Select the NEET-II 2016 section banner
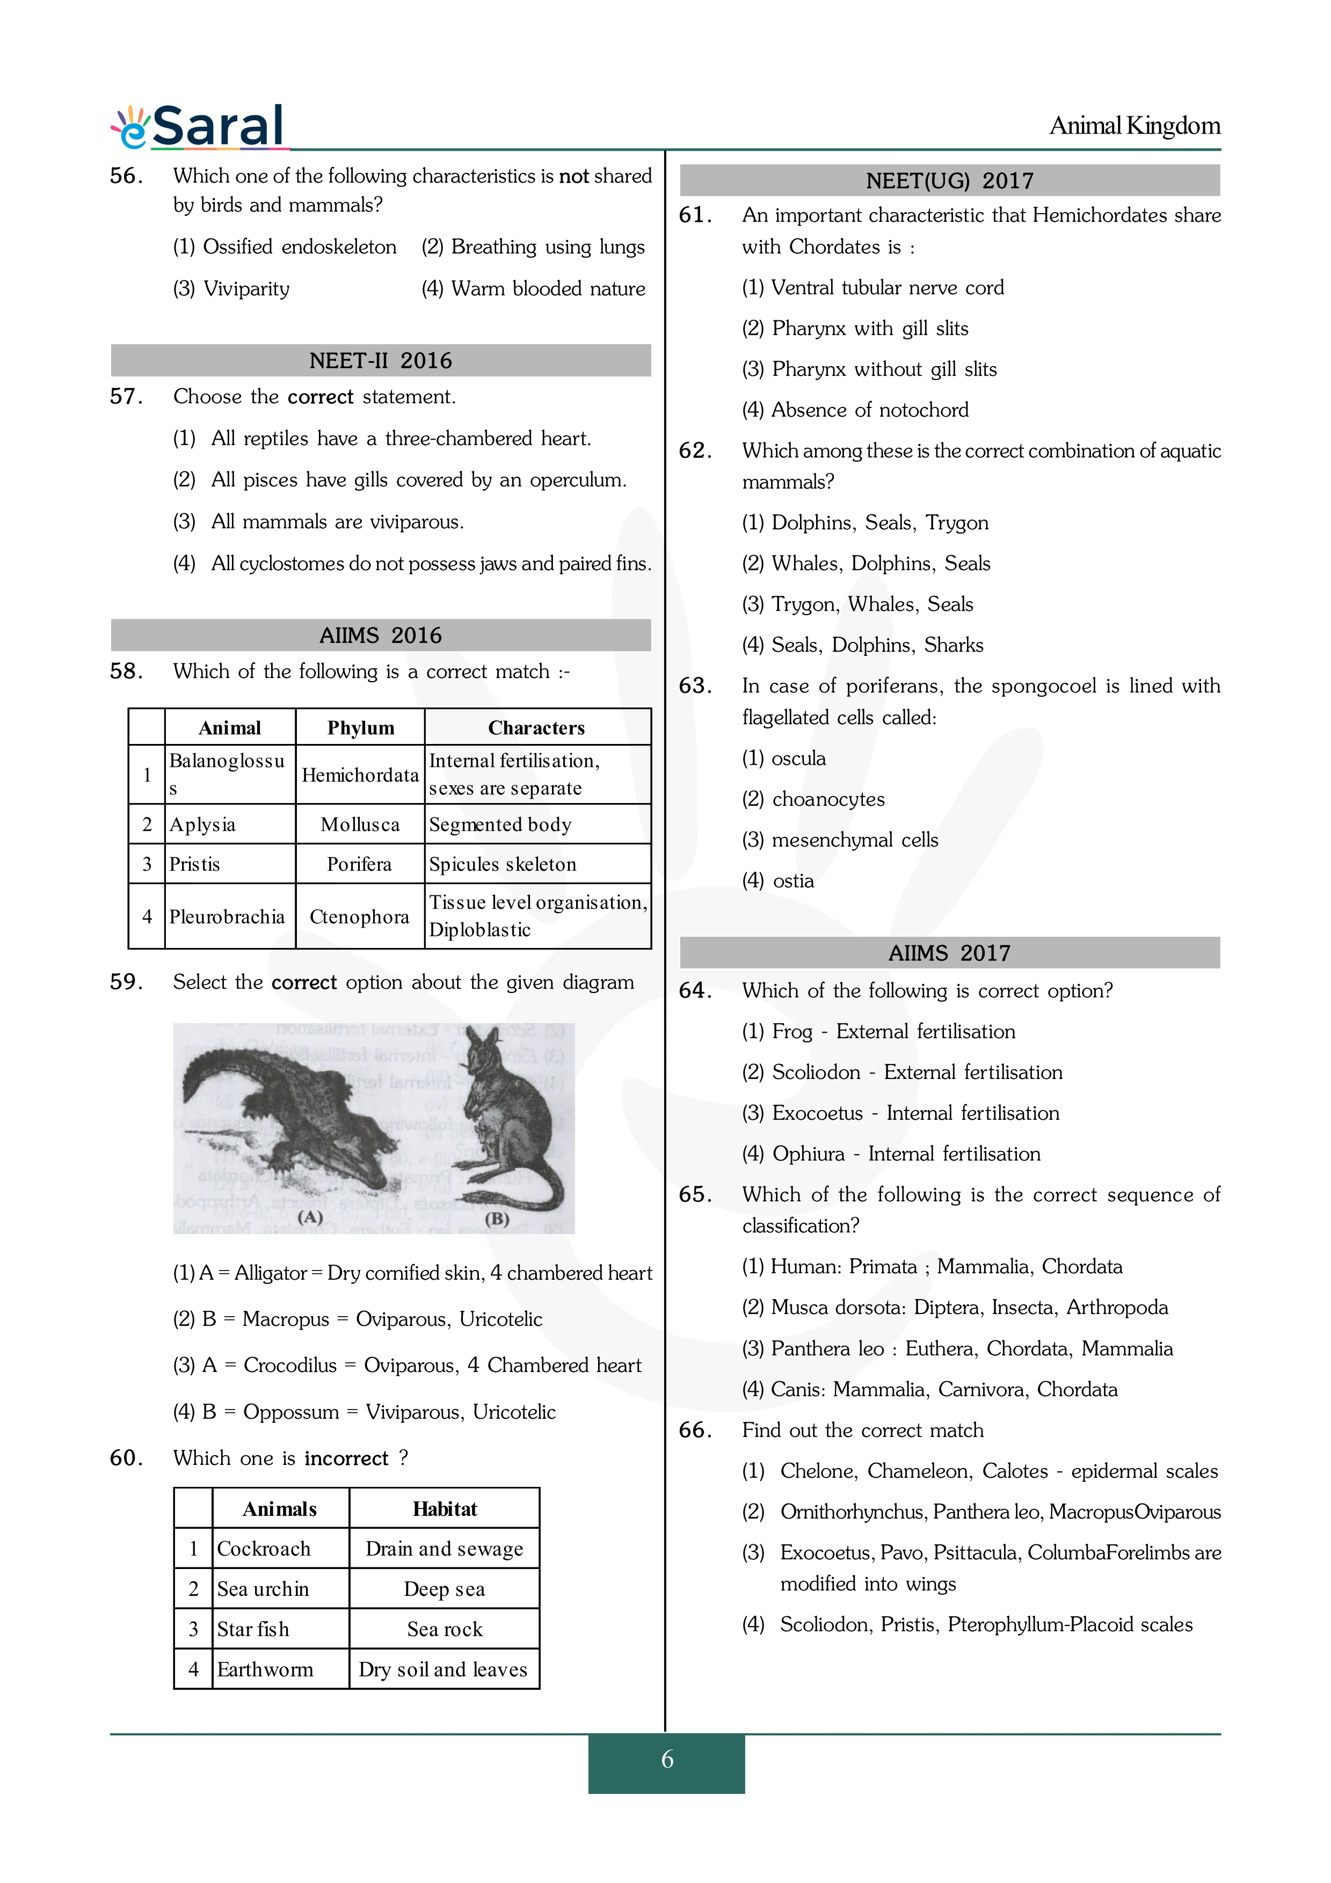point(381,361)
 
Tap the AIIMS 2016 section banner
point(381,636)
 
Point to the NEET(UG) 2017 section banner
point(950,180)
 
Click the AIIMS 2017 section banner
point(950,953)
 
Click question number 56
point(126,176)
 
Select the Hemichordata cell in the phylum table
point(360,775)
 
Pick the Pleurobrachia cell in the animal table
point(227,917)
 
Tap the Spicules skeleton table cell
point(503,864)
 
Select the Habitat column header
point(445,1509)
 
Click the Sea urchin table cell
point(263,1589)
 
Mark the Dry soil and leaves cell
point(443,1670)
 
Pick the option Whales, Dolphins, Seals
point(866,564)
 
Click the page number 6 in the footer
point(667,1759)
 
